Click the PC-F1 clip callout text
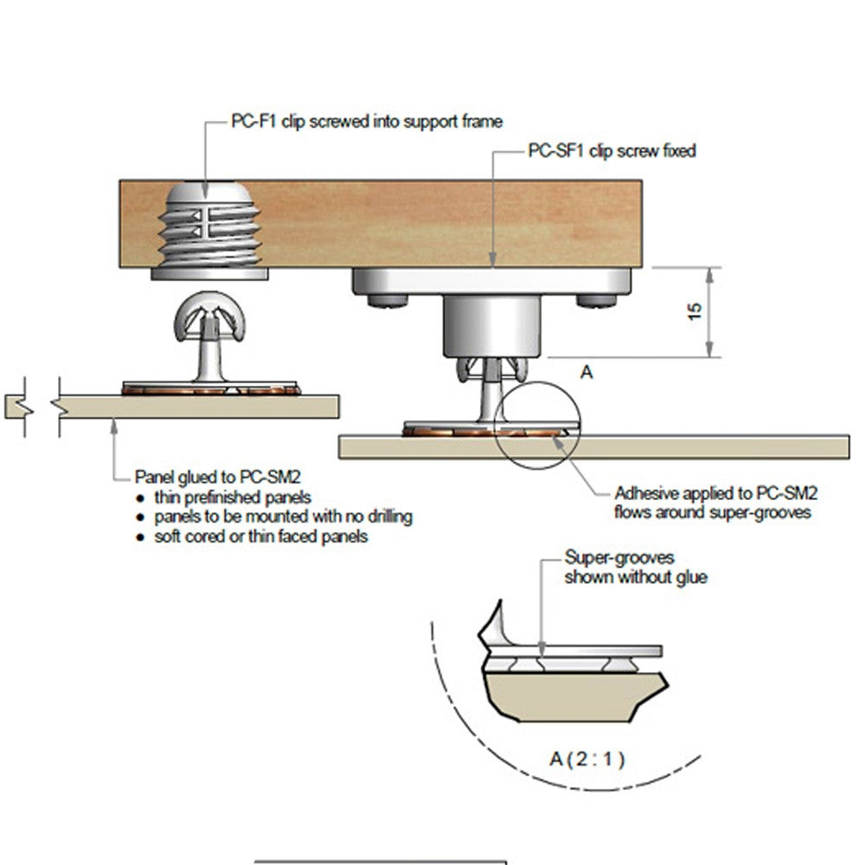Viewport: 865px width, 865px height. click(x=366, y=121)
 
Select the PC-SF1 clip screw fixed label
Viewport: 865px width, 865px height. click(x=612, y=151)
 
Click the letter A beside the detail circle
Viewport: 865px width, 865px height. click(x=586, y=372)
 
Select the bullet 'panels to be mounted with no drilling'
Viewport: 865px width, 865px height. click(x=283, y=516)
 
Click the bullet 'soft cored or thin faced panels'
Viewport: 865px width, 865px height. click(x=261, y=536)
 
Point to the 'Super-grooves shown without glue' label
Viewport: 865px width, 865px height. click(x=635, y=567)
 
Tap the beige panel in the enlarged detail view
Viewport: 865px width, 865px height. click(x=562, y=696)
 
